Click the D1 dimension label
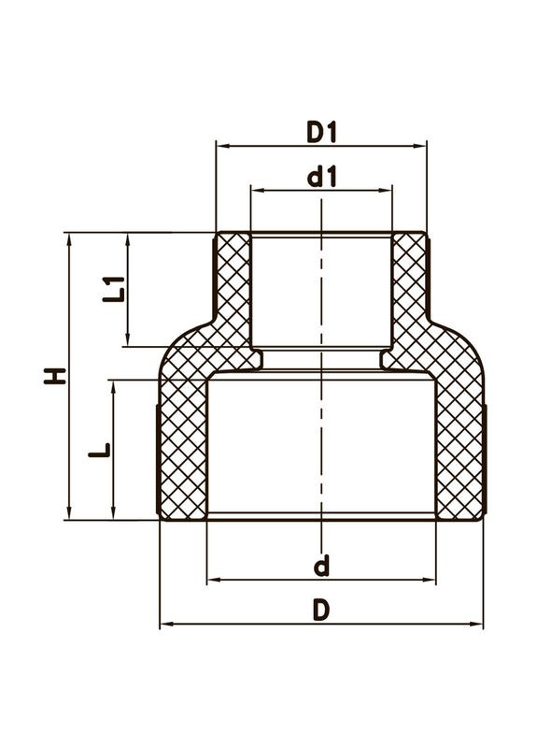tap(320, 133)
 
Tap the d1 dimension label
tap(321, 177)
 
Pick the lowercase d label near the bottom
tap(321, 566)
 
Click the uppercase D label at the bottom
tap(321, 611)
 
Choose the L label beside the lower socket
tap(103, 450)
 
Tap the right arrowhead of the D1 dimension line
tap(422, 145)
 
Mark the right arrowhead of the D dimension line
tap(478, 624)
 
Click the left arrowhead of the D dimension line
tap(164, 624)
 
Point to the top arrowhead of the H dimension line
tap(69, 237)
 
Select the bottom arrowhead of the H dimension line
tap(69, 514)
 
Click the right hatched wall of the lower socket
tap(459, 449)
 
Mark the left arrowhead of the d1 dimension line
tap(255, 189)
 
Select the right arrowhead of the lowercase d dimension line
tap(431, 581)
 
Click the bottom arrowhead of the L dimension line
tap(114, 514)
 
